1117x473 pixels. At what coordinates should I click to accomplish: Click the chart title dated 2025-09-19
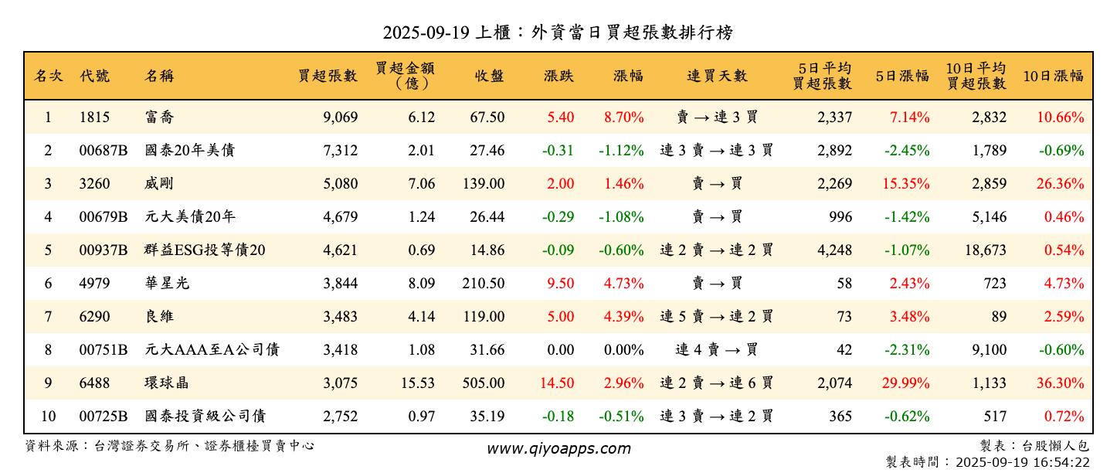(558, 32)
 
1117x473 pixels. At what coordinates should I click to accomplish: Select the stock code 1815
(94, 117)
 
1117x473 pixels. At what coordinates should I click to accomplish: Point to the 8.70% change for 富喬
(623, 117)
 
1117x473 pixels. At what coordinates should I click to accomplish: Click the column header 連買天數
(717, 76)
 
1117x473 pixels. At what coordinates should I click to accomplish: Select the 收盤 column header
(489, 76)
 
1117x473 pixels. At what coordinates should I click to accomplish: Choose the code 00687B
(104, 151)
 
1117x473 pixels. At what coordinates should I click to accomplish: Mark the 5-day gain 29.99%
(908, 383)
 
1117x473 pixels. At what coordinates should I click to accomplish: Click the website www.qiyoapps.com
(558, 448)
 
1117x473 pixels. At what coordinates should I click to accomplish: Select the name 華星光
(167, 284)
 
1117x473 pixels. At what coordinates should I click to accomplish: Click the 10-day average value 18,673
(983, 250)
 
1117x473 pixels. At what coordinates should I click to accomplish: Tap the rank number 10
(48, 417)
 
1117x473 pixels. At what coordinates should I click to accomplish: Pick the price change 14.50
(560, 383)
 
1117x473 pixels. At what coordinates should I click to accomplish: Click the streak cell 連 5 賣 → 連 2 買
(717, 317)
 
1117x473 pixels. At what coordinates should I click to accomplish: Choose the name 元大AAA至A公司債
(212, 350)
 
